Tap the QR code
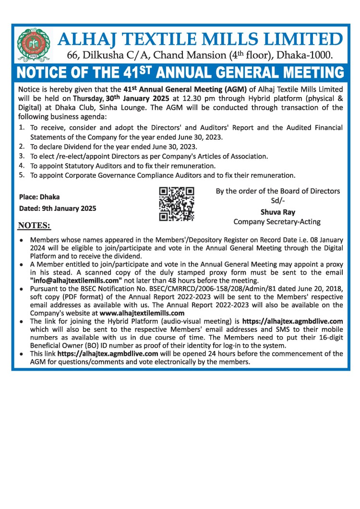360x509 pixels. (x=176, y=204)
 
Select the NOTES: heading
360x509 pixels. (x=34, y=225)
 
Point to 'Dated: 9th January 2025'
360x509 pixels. (x=58, y=208)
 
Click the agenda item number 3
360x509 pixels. (x=22, y=156)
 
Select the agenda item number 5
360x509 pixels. (x=22, y=175)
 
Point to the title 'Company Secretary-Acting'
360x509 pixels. (x=277, y=221)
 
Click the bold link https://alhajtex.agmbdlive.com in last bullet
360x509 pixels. (x=108, y=353)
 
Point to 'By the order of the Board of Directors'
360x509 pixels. (x=278, y=191)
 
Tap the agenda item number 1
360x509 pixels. (x=22, y=127)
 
